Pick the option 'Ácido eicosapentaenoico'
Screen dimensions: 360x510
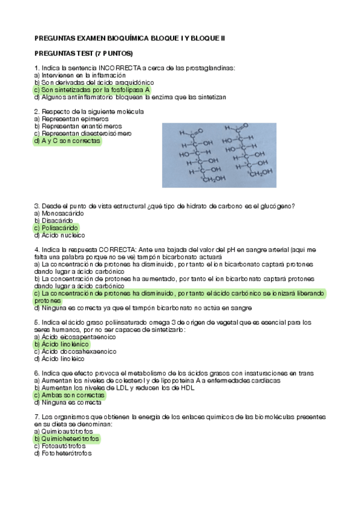(74, 337)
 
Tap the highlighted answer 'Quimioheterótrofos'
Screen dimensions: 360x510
(68, 439)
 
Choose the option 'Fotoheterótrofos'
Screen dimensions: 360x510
(63, 453)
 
